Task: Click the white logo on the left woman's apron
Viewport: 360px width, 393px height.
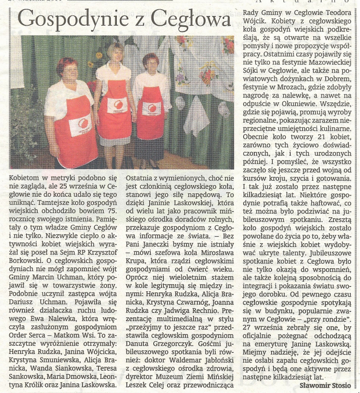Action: click(x=81, y=125)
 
